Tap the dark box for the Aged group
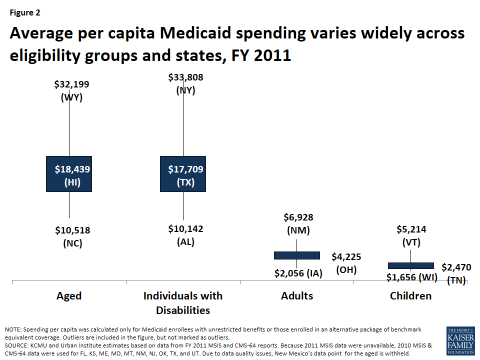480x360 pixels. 69,173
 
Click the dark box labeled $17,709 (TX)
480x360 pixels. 183,173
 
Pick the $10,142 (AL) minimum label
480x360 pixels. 185,235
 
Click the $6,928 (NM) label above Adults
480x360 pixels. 298,224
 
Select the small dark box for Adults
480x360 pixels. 297,255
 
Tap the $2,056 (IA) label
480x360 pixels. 298,273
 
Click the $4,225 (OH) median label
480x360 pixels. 346,263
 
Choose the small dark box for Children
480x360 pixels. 410,265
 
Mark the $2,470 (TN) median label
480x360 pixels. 456,273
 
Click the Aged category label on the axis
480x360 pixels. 69,295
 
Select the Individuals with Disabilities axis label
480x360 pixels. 183,302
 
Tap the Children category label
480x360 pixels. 410,295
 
